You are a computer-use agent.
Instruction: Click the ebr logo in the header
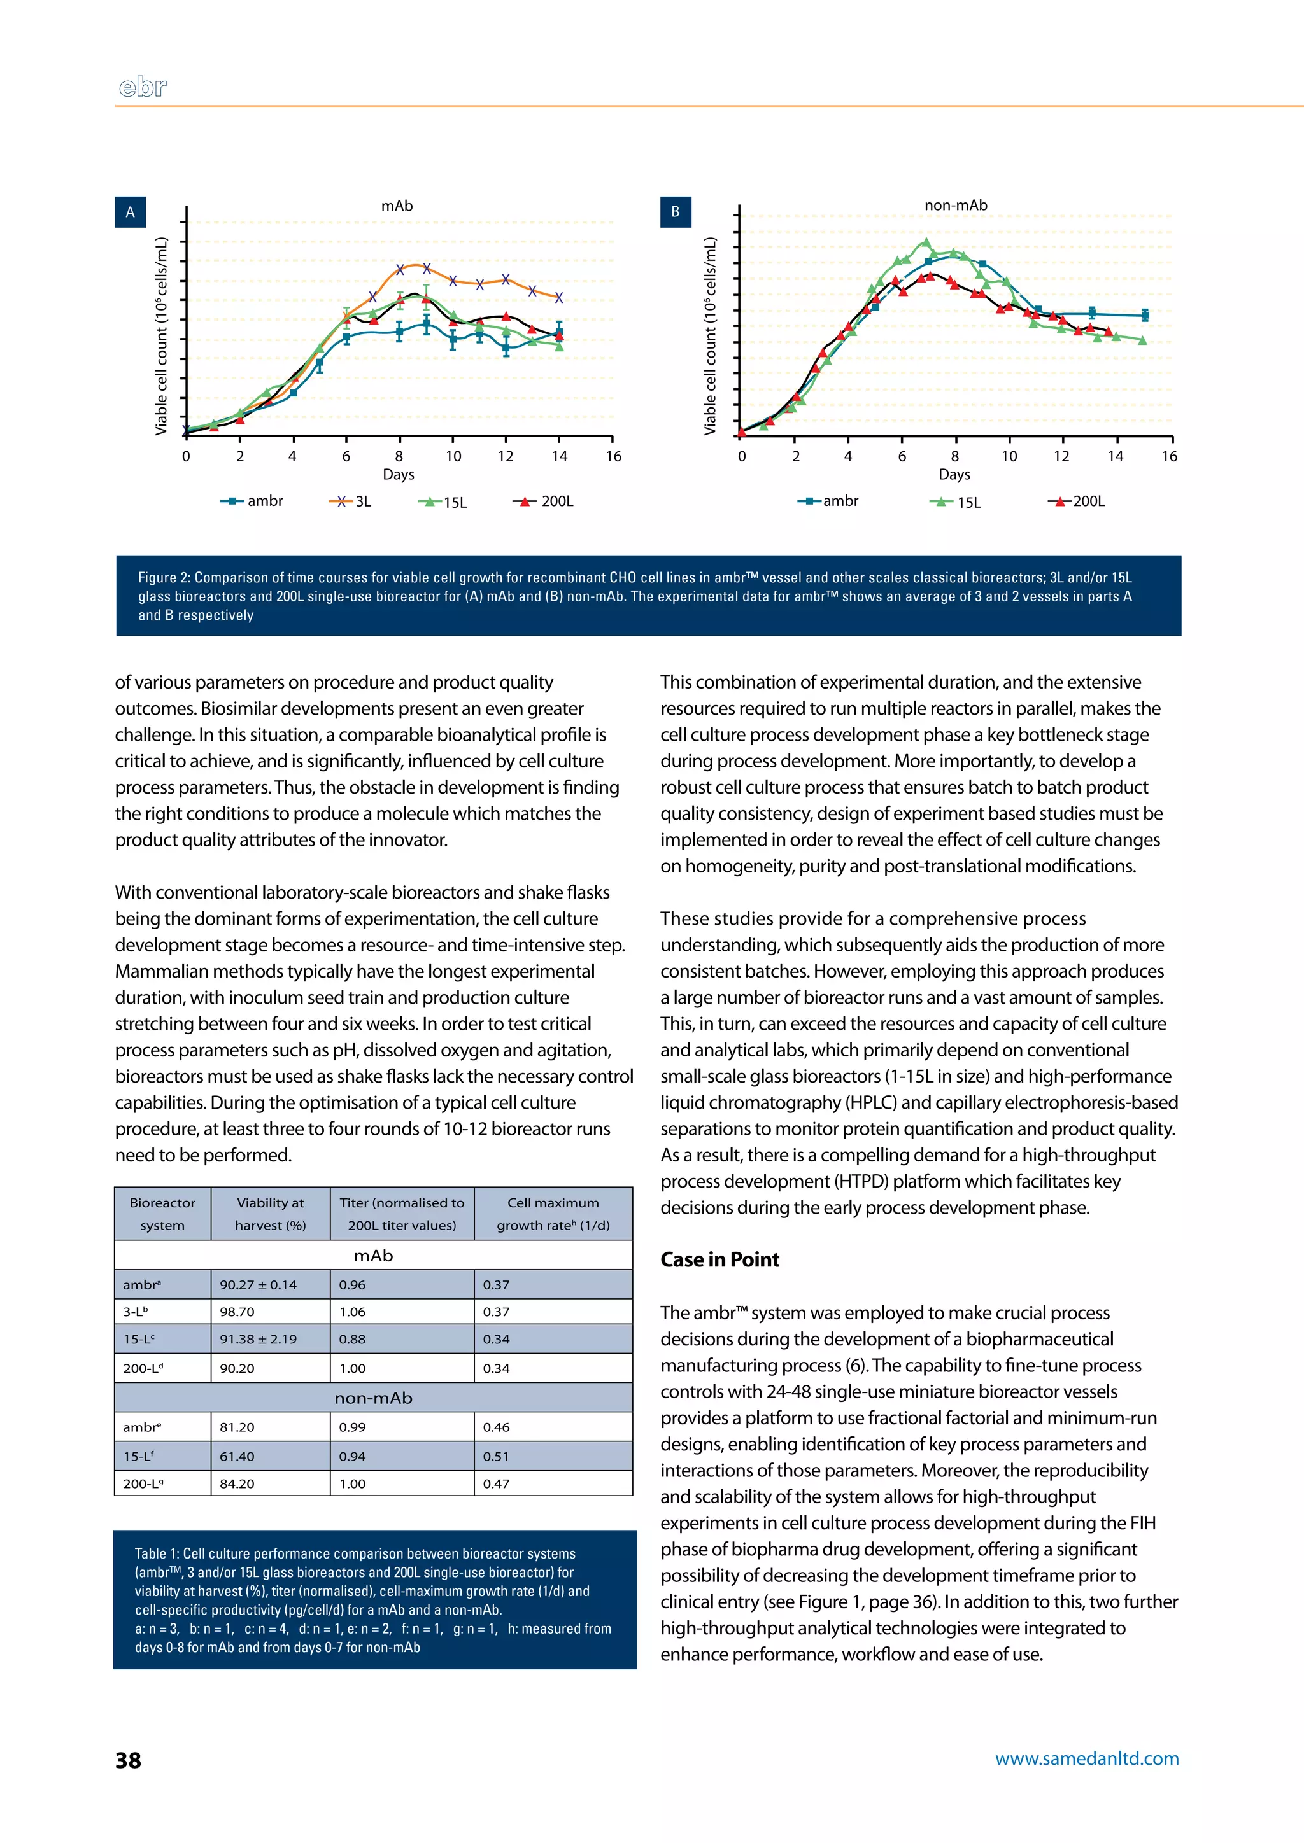pos(143,87)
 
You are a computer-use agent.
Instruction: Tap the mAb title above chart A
pos(397,206)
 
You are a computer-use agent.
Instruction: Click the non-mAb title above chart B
pos(956,206)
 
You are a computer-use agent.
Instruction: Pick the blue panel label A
pos(130,212)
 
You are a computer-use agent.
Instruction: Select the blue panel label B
pos(676,212)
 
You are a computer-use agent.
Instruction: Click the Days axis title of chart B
pos(954,474)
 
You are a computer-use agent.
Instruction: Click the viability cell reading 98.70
pos(237,1312)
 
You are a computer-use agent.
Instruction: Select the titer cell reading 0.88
pos(351,1339)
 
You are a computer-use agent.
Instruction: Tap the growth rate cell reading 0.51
pos(496,1456)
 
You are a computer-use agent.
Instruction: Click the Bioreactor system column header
pos(162,1214)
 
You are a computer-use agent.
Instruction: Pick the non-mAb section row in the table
pos(373,1398)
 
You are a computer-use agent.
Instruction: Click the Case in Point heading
pos(719,1259)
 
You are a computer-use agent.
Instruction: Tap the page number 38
pos(129,1760)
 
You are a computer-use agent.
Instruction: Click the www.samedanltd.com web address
pos(1086,1759)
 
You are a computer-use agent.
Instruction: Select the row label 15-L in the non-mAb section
pos(138,1456)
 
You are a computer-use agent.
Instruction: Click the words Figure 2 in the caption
pos(164,578)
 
